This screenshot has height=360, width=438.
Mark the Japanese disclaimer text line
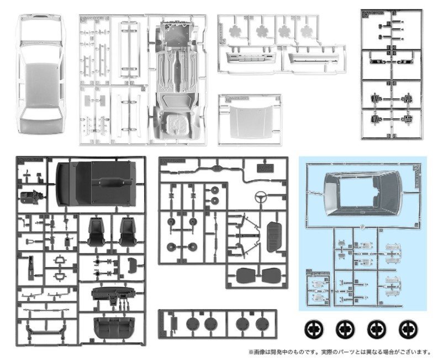(339, 351)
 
